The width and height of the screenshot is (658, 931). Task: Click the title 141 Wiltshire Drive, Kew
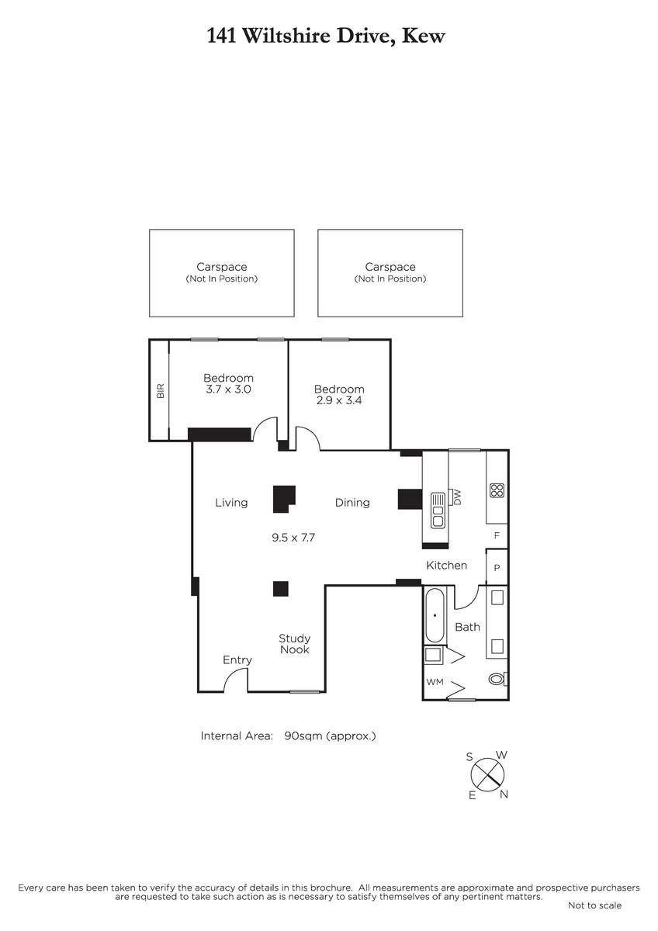tap(326, 36)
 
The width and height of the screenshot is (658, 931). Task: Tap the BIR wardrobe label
tap(161, 391)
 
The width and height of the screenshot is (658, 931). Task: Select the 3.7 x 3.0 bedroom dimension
tap(228, 389)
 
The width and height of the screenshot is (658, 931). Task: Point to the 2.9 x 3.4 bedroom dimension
tap(339, 400)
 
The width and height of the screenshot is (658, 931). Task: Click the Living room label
tap(231, 503)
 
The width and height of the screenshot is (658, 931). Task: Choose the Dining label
tap(352, 503)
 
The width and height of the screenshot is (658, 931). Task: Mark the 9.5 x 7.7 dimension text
tap(293, 538)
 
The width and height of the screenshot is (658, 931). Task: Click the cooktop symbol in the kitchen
tap(497, 490)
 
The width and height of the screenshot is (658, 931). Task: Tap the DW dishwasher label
tap(457, 497)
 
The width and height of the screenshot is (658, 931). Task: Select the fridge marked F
tap(497, 536)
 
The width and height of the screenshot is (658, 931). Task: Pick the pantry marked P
tap(497, 567)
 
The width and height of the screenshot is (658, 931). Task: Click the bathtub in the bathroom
tap(435, 615)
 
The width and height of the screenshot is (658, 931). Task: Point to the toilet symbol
tap(497, 679)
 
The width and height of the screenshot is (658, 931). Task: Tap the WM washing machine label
tap(435, 682)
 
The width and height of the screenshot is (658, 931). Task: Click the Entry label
tap(237, 660)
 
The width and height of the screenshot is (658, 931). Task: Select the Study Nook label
tap(294, 644)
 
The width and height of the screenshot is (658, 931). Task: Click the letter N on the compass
tap(504, 794)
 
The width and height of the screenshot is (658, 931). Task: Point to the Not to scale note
tap(594, 905)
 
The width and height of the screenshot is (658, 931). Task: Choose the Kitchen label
tap(446, 566)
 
